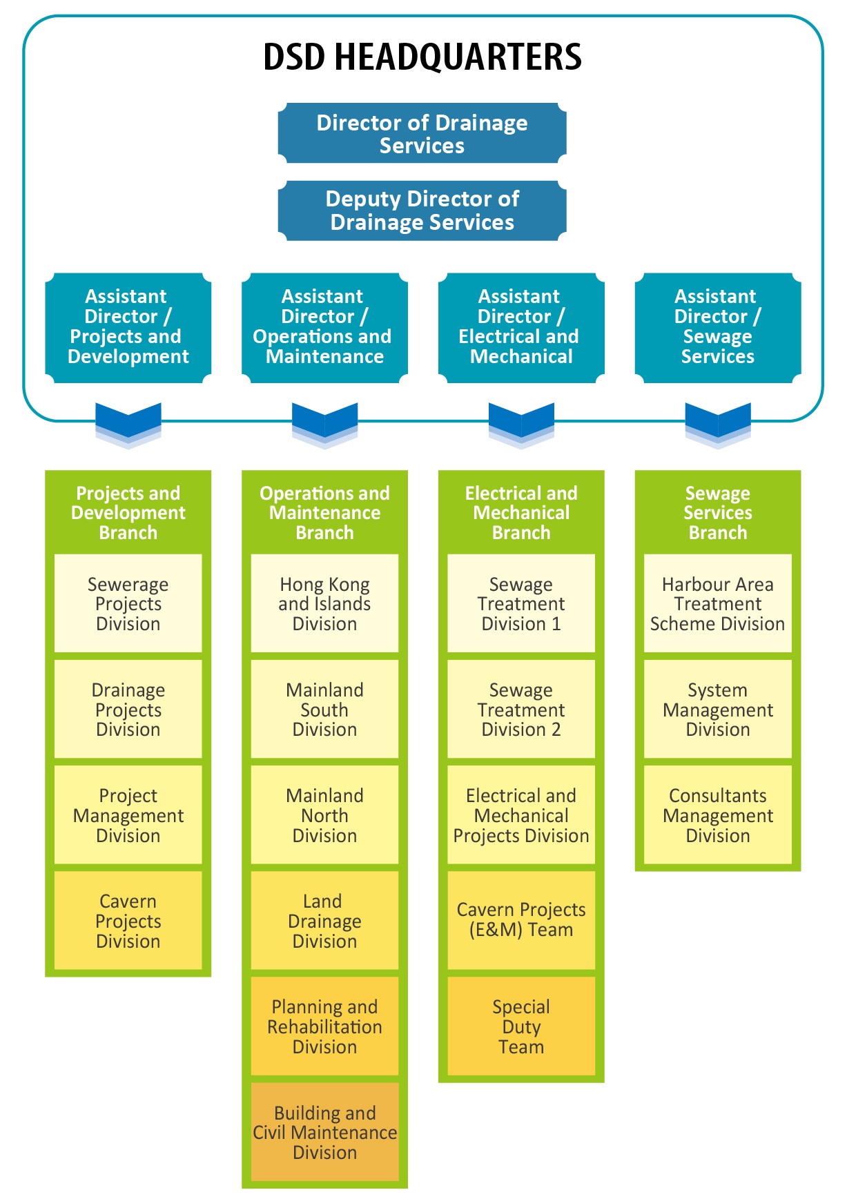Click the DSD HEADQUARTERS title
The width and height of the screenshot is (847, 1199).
click(422, 57)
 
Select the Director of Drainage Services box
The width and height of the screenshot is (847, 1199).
click(422, 134)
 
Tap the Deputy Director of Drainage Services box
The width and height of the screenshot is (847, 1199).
click(422, 211)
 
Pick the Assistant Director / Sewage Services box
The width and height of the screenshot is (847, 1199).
click(718, 327)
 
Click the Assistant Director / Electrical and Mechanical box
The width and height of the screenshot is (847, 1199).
click(521, 327)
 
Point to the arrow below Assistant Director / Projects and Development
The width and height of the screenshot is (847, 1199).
click(128, 422)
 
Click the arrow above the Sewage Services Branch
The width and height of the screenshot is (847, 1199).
click(718, 422)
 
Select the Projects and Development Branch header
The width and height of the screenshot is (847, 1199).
click(128, 513)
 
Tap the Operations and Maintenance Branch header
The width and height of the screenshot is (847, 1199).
click(324, 513)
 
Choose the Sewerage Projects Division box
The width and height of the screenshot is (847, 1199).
click(128, 604)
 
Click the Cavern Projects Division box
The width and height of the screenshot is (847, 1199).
click(128, 921)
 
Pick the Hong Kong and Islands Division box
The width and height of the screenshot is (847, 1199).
click(324, 604)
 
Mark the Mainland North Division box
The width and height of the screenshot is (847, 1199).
click(324, 815)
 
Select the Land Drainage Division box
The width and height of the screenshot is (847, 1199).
click(324, 921)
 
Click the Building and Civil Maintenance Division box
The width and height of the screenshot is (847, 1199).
click(324, 1132)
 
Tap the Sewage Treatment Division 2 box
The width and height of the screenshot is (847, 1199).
click(521, 710)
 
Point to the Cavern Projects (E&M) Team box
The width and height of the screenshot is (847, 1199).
click(521, 921)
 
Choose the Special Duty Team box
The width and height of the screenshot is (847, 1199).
click(521, 1026)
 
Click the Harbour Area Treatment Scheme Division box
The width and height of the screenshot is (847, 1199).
click(718, 604)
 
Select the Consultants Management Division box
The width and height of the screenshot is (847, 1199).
click(718, 815)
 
